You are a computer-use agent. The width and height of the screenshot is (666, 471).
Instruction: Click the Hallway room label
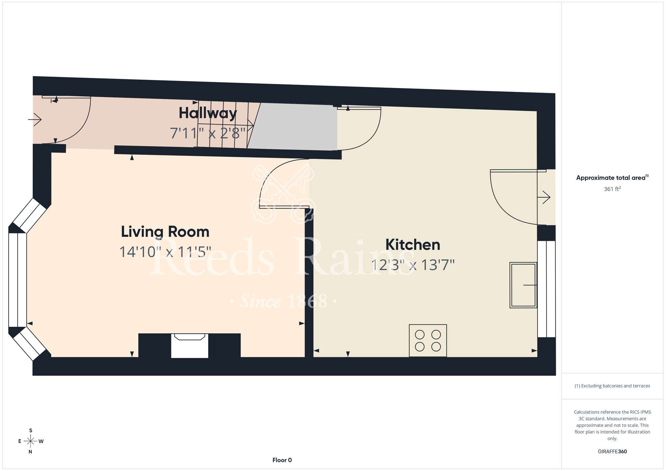pyautogui.click(x=208, y=113)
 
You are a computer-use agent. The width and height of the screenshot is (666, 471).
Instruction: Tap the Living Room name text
pyautogui.click(x=165, y=232)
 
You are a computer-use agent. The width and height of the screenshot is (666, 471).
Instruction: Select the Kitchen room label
pyautogui.click(x=413, y=245)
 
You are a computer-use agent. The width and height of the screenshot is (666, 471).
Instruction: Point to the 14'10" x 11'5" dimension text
pyautogui.click(x=165, y=252)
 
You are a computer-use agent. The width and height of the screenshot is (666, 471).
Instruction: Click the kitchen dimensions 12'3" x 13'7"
pyautogui.click(x=413, y=265)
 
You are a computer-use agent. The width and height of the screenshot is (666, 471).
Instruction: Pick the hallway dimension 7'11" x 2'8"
pyautogui.click(x=208, y=133)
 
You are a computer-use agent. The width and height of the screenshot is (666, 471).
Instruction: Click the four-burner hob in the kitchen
pyautogui.click(x=428, y=340)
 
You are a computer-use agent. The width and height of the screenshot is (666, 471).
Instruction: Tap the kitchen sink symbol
pyautogui.click(x=523, y=285)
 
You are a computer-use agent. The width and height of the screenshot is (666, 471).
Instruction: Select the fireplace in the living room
pyautogui.click(x=189, y=345)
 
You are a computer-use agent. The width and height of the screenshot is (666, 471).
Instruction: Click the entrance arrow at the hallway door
pyautogui.click(x=35, y=119)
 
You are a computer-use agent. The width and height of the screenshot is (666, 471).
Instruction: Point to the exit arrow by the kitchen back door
pyautogui.click(x=544, y=197)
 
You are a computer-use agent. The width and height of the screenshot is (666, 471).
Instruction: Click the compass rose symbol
pyautogui.click(x=31, y=441)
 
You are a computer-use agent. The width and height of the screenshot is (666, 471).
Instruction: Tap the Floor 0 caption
pyautogui.click(x=282, y=460)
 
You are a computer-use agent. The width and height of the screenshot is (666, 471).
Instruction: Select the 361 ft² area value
pyautogui.click(x=612, y=189)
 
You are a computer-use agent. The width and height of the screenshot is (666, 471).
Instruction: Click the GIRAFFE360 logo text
pyautogui.click(x=612, y=452)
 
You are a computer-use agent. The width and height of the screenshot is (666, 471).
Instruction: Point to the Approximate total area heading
pyautogui.click(x=612, y=178)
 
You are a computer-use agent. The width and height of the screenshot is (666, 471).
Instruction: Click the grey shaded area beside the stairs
pyautogui.click(x=293, y=127)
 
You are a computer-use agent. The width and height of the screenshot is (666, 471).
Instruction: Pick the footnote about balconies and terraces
pyautogui.click(x=612, y=386)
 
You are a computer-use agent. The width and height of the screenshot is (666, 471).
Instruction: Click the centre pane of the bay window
pyautogui.click(x=17, y=280)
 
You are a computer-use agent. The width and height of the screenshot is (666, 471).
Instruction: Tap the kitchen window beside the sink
pyautogui.click(x=546, y=289)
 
